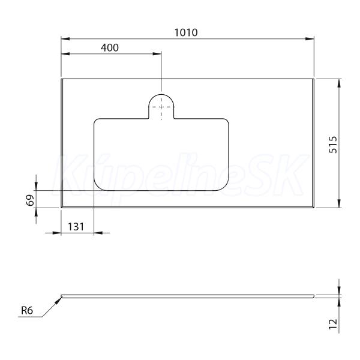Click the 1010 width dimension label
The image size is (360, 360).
tap(186, 32)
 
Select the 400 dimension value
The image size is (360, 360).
tap(110, 48)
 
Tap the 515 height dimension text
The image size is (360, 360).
tap(332, 145)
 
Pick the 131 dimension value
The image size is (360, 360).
tap(76, 227)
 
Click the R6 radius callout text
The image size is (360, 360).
tap(27, 310)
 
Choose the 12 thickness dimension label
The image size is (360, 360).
tap(333, 324)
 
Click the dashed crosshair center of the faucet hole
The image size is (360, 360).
tap(161, 107)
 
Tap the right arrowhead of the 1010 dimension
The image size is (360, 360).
tap(310, 39)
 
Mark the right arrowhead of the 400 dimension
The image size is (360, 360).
tap(157, 54)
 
